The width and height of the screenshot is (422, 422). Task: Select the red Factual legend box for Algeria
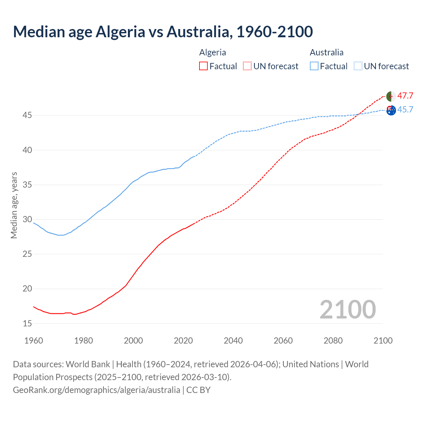[203, 66]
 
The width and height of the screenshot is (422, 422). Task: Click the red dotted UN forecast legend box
[247, 66]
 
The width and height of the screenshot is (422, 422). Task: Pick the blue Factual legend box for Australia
[314, 66]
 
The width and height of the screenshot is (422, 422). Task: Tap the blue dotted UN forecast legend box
[358, 66]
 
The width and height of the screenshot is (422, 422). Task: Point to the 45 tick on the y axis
[27, 115]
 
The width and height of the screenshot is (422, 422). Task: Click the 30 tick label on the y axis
[27, 220]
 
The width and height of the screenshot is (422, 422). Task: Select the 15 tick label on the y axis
[27, 323]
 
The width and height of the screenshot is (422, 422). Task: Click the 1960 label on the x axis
[34, 341]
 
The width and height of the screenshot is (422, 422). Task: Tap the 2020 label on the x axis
[183, 341]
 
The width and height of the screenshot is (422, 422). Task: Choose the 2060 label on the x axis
[283, 341]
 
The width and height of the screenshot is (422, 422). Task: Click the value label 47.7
[405, 96]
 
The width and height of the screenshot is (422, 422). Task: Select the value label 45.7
[405, 109]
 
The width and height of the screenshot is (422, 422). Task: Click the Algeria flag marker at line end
[391, 96]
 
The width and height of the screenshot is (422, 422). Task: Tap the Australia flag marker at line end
[391, 110]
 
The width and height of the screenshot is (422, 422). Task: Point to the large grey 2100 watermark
[347, 309]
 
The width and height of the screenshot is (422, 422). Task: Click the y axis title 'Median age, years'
[14, 205]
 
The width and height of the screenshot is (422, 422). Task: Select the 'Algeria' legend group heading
[213, 52]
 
